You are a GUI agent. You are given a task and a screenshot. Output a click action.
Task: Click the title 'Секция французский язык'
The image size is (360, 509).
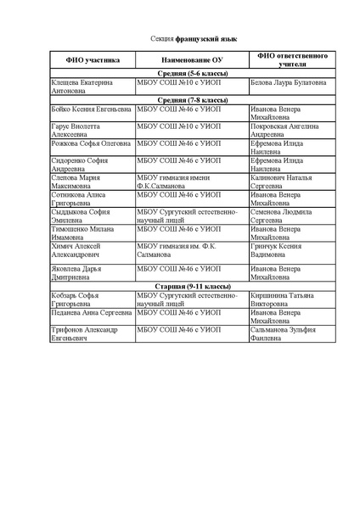pos(180,39)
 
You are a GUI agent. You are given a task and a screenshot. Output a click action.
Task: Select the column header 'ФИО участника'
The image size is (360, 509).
pos(82,60)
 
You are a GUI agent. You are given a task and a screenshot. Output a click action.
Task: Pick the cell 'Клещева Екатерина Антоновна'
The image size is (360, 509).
pos(82,87)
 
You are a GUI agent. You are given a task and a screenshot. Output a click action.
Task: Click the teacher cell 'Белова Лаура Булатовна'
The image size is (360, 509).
pos(289,83)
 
